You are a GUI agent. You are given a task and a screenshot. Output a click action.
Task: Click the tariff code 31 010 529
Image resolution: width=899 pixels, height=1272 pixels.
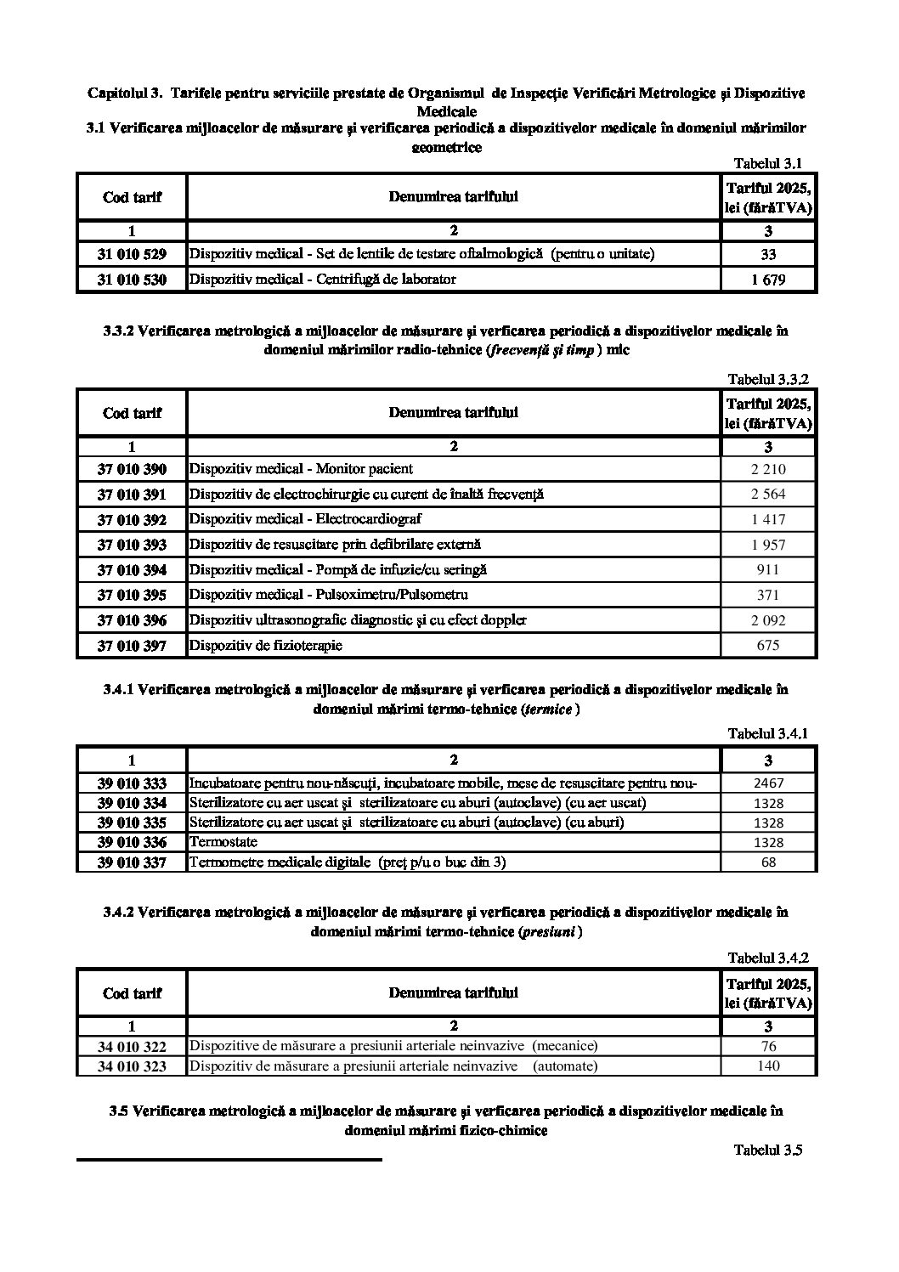[132, 254]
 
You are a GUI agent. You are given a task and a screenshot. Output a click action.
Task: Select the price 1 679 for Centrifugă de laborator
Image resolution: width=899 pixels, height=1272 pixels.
[768, 280]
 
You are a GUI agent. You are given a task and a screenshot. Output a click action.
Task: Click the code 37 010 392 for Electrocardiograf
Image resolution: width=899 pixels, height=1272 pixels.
[132, 519]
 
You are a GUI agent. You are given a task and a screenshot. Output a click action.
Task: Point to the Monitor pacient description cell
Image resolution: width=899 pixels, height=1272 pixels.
[302, 469]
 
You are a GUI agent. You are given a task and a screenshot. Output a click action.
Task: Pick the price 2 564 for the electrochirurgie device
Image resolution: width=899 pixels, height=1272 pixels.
[768, 495]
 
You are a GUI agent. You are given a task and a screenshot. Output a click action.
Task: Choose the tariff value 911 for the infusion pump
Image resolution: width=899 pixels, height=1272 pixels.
[768, 570]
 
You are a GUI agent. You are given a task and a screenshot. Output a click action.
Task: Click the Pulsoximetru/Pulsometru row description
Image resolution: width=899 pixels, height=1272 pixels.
[328, 595]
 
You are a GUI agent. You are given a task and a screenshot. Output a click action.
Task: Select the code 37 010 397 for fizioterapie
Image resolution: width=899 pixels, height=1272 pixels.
[132, 646]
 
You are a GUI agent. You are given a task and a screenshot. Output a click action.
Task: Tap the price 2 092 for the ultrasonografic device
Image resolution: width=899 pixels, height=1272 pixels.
[768, 620]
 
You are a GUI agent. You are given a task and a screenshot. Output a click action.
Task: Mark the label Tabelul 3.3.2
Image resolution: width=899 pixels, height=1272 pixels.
[768, 380]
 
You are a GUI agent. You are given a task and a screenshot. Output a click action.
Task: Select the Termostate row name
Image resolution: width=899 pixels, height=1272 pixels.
[223, 842]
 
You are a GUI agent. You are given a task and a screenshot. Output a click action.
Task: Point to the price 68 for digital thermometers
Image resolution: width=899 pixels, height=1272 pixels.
[768, 862]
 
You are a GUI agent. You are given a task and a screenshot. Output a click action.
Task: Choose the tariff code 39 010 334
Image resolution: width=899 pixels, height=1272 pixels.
[132, 803]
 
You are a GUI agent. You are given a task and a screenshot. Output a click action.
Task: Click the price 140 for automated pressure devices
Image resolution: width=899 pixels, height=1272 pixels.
[768, 1066]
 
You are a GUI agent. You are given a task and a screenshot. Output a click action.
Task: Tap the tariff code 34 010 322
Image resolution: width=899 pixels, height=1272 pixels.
[132, 1047]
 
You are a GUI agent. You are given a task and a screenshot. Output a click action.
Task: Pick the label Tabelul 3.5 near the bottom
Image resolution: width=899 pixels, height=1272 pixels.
[768, 1150]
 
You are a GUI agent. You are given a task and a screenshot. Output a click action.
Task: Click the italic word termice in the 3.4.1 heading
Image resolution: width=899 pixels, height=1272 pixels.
[547, 709]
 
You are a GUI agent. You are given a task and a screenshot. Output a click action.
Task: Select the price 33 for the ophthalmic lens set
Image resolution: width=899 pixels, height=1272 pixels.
[768, 254]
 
